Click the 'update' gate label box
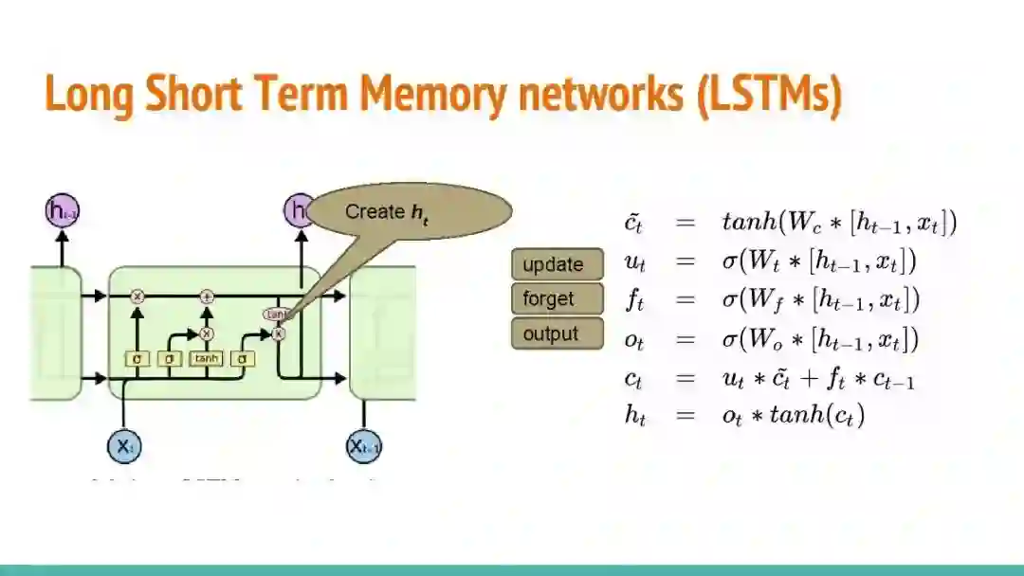(558, 264)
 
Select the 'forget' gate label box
(558, 299)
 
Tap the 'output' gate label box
(558, 333)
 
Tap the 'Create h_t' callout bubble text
(387, 213)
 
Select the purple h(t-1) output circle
(63, 211)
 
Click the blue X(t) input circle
(124, 446)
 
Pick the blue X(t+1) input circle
(364, 446)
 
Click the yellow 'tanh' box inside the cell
(206, 359)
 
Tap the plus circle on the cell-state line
(207, 297)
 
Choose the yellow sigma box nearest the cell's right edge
(243, 359)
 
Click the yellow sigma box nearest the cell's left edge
(137, 359)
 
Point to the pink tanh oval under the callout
(277, 314)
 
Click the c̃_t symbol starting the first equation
(634, 224)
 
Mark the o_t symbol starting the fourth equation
(634, 339)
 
